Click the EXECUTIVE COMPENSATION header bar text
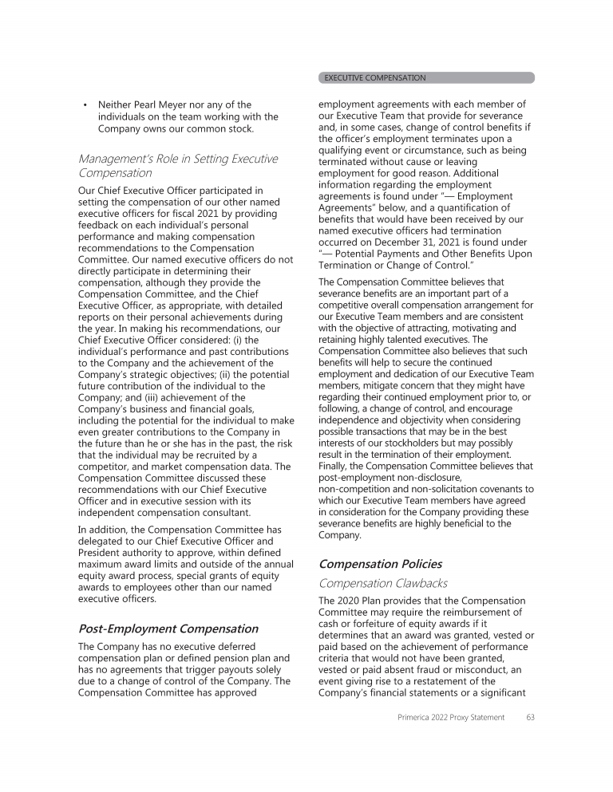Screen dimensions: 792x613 click(x=375, y=78)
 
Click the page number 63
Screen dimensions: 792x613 click(x=530, y=717)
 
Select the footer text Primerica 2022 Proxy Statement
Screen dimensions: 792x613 click(x=451, y=717)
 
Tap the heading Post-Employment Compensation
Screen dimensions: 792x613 click(x=168, y=628)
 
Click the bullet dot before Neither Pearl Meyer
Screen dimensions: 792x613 click(x=85, y=104)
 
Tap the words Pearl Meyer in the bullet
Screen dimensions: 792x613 click(x=162, y=104)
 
